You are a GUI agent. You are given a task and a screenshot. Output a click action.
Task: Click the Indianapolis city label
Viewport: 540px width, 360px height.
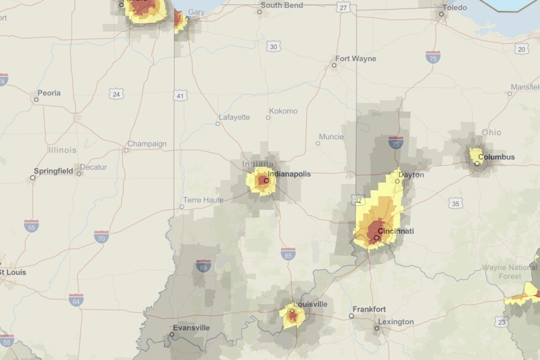click(289, 174)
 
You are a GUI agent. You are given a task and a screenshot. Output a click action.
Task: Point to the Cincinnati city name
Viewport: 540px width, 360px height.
click(396, 231)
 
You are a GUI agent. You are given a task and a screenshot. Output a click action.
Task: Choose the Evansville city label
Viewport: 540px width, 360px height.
click(191, 327)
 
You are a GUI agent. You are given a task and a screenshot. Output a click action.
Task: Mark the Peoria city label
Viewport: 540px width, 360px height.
click(49, 93)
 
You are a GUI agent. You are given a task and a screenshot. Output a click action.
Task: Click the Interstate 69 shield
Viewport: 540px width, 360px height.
click(204, 266)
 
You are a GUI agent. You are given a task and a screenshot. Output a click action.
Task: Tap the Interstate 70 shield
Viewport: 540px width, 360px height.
click(102, 236)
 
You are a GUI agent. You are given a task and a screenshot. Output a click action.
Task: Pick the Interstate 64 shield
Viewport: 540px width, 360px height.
click(76, 299)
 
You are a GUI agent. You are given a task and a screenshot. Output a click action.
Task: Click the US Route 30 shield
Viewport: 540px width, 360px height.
click(273, 47)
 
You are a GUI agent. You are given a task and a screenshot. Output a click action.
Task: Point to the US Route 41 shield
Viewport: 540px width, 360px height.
click(179, 96)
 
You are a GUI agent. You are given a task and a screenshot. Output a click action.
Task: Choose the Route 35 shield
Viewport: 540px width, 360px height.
click(455, 203)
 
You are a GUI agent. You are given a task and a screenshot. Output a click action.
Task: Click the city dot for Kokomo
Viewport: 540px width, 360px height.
click(268, 117)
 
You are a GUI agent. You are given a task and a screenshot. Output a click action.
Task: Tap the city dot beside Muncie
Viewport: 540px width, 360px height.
click(317, 144)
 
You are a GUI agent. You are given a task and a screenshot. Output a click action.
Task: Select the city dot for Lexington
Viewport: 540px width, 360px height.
click(377, 328)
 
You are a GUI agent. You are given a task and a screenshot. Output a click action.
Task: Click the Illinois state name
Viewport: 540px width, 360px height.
click(63, 150)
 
